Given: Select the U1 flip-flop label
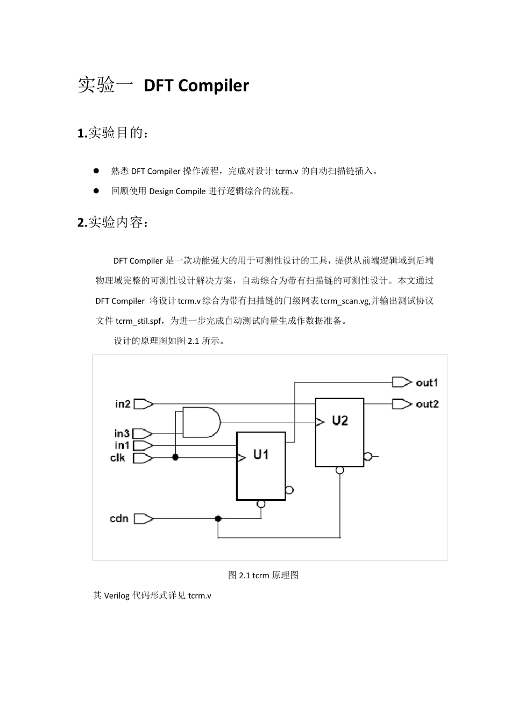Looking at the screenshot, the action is tap(261, 455).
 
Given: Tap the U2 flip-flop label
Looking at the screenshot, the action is tap(340, 421).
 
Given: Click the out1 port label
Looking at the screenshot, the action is tap(427, 382).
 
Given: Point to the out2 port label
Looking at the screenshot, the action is tap(427, 404).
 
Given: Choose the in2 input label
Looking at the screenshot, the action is tap(123, 404).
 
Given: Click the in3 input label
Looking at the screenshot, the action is tap(122, 434).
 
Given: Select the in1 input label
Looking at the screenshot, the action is tap(122, 445).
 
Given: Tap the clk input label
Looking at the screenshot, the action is tap(118, 458).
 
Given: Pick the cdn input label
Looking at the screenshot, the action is tap(119, 519).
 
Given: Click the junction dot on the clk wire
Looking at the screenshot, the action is tap(175, 457).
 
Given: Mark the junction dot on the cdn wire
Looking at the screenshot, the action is tap(218, 519).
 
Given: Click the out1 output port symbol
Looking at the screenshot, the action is tap(401, 382).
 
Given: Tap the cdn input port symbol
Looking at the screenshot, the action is tap(143, 519).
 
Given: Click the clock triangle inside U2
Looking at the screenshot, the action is tap(320, 422).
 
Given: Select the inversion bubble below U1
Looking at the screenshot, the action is tap(261, 504).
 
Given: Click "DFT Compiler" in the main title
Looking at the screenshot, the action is tap(196, 86).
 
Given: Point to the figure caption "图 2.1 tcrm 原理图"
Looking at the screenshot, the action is tap(264, 575).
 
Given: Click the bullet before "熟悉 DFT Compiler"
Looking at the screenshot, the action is tap(97, 171).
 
